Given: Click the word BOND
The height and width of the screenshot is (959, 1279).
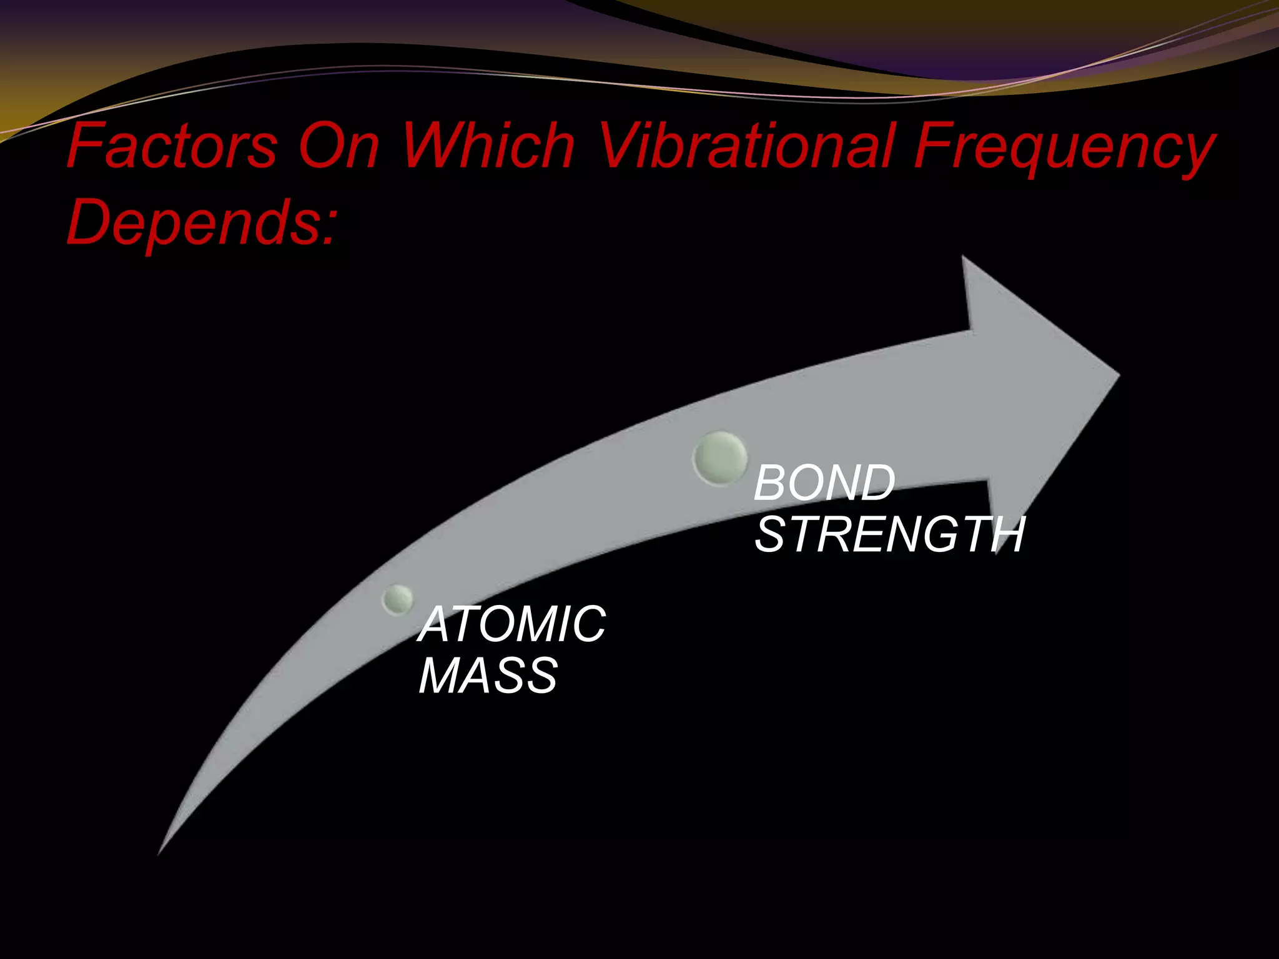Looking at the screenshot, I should pos(824,483).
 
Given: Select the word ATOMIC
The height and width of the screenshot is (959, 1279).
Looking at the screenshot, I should pos(513,624).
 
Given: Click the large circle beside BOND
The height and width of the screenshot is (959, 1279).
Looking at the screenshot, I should pos(720,458).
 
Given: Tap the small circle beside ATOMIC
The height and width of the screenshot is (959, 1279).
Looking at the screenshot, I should pos(398,599).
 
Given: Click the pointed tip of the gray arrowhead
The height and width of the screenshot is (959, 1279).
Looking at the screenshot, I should pos(1118,375).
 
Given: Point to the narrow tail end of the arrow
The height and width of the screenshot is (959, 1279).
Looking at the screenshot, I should pos(160,850).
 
